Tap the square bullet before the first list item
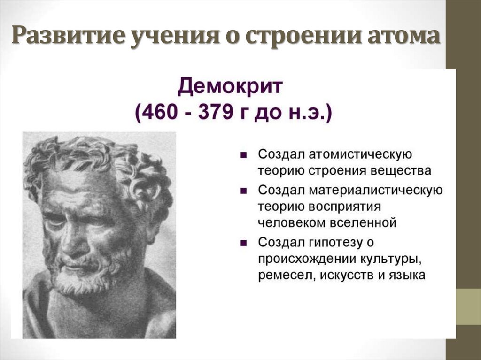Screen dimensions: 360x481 pyautogui.click(x=243, y=155)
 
